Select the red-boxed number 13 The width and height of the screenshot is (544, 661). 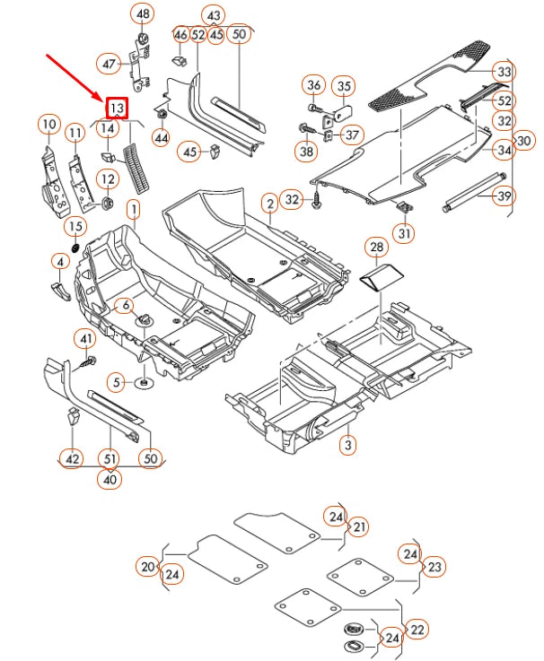(117, 109)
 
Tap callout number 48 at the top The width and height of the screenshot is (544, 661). (142, 14)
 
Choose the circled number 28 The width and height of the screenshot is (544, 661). (376, 247)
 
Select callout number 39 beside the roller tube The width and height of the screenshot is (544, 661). (504, 196)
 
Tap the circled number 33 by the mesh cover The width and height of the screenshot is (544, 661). (504, 72)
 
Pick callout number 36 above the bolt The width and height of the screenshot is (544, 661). (313, 85)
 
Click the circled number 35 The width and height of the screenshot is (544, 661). (344, 86)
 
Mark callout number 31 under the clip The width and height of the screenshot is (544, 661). (406, 234)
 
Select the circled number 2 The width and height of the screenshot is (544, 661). (269, 204)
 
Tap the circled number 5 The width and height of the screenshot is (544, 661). (117, 382)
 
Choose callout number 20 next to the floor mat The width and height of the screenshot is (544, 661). (148, 566)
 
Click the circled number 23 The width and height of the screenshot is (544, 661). (434, 566)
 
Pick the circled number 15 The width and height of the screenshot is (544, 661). (76, 225)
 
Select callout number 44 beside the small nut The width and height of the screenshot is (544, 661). (162, 138)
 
